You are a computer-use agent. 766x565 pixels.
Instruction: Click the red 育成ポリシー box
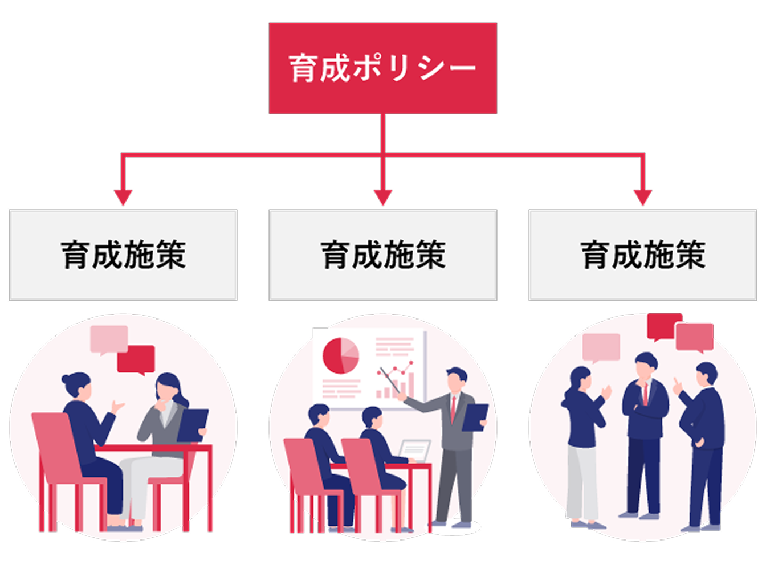pos(382,68)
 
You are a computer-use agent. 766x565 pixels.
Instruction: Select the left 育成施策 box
pos(123,255)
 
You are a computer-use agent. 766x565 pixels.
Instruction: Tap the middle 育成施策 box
pos(382,255)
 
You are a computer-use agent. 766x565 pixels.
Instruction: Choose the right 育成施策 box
pos(642,255)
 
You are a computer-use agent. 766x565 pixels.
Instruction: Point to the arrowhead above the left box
pos(123,197)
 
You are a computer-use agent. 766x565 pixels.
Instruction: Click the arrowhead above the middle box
pos(383,197)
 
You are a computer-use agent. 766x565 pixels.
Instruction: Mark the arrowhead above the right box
pos(643,197)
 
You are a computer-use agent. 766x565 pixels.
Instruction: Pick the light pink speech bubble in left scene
pos(109,339)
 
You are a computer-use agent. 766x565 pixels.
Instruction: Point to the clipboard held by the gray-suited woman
pos(192,425)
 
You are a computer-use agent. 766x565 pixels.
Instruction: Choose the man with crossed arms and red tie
pos(645,433)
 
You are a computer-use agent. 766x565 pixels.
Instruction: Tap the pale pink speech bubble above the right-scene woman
pos(601,347)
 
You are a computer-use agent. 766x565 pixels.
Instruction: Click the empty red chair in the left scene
pos(57,456)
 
